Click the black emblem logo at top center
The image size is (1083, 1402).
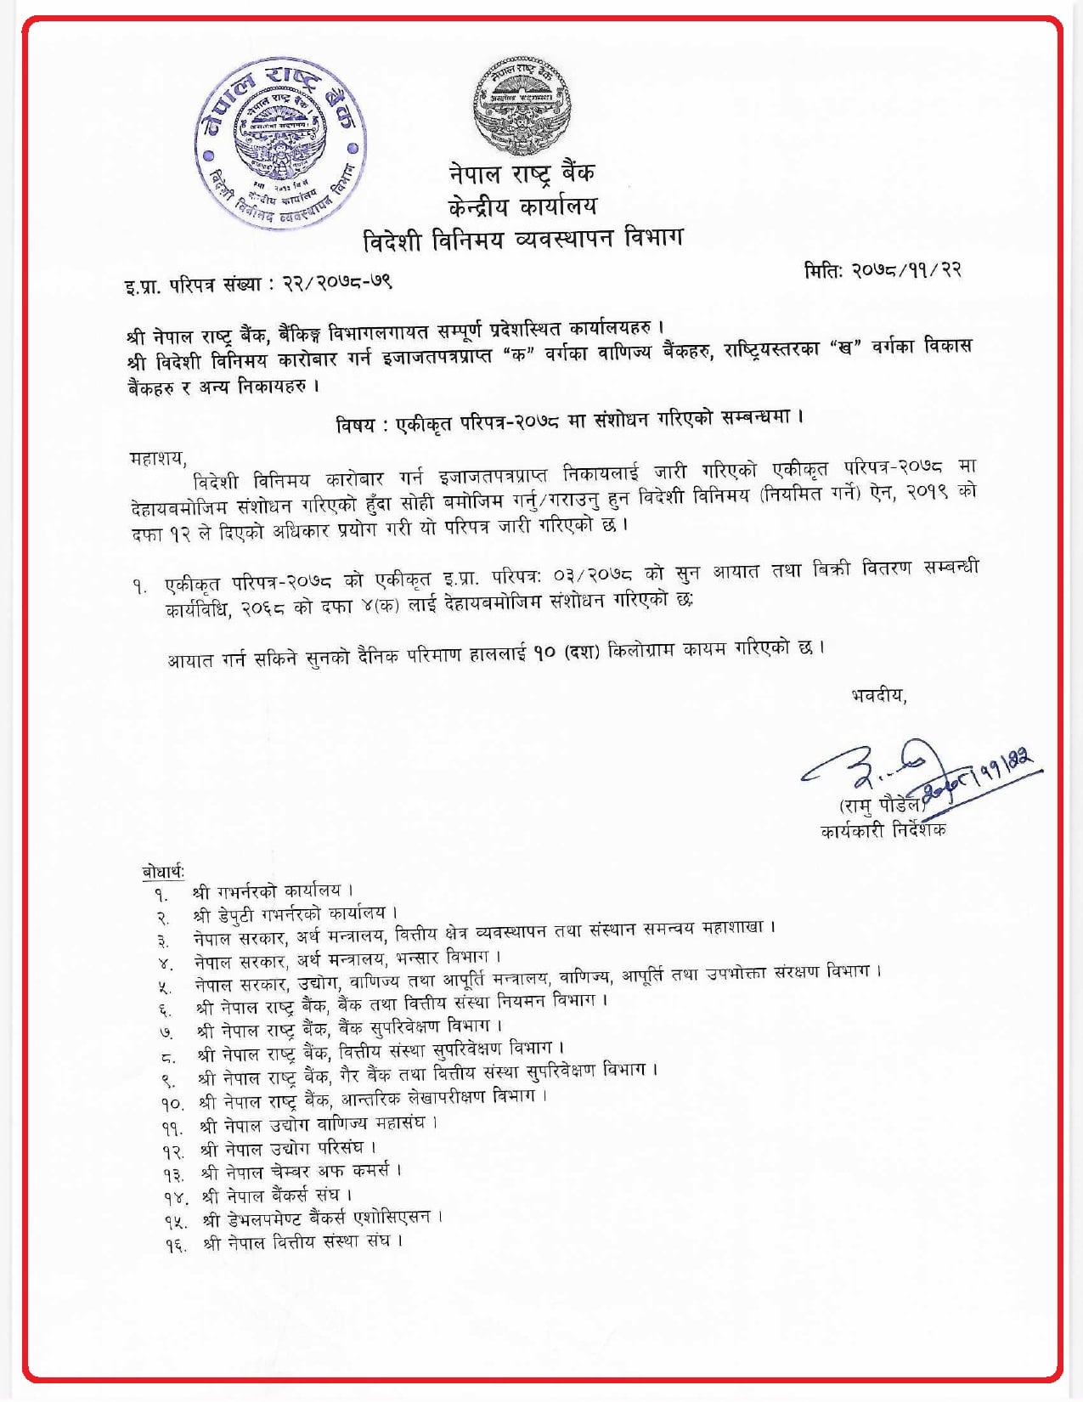point(521,106)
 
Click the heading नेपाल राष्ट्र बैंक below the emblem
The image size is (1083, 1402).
point(522,173)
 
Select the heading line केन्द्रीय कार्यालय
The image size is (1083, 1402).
point(522,206)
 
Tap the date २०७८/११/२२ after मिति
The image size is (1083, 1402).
point(906,269)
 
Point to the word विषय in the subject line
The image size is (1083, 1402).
point(355,425)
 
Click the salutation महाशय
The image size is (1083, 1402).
point(157,458)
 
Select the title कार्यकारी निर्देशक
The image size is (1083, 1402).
point(883,829)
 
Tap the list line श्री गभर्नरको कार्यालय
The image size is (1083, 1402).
point(267,891)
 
